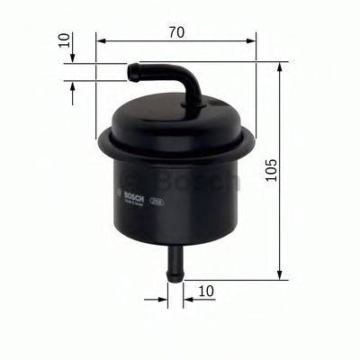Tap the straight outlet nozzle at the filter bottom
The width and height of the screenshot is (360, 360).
175,261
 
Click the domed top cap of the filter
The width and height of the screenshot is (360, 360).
175,115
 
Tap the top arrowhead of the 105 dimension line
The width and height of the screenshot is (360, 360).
283,67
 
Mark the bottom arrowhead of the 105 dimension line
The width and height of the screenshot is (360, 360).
283,274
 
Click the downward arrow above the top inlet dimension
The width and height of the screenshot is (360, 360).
73,56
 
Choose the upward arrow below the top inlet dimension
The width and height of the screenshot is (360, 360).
73,86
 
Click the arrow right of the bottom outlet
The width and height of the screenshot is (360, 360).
186,292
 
